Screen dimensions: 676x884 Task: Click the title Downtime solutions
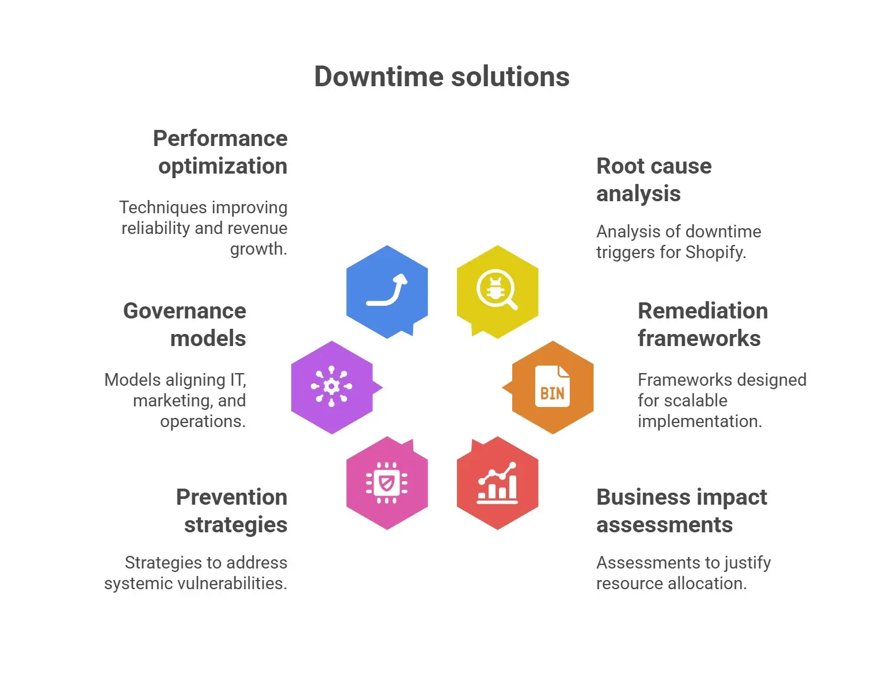tap(441, 76)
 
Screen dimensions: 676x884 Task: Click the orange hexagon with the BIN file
tap(552, 387)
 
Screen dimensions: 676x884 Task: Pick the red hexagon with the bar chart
tap(497, 483)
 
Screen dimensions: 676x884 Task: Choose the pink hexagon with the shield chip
tap(387, 483)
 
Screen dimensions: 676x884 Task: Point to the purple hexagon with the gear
tap(332, 387)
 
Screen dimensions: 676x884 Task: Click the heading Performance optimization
tap(220, 152)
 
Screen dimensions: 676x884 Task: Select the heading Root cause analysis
tap(654, 180)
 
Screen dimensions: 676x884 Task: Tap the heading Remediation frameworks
tap(703, 325)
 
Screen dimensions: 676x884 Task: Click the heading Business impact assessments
tap(681, 511)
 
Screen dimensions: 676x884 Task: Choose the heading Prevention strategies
tap(231, 511)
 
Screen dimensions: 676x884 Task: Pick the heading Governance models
tap(185, 325)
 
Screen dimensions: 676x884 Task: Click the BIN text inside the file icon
tap(552, 394)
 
